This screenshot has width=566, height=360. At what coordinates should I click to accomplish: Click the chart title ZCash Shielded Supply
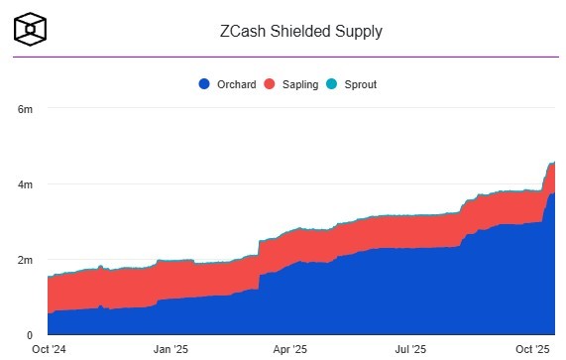click(x=299, y=31)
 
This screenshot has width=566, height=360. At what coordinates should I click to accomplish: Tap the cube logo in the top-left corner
click(x=31, y=30)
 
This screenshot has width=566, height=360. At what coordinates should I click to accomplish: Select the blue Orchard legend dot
click(x=204, y=84)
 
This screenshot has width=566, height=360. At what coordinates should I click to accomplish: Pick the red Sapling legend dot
click(x=269, y=84)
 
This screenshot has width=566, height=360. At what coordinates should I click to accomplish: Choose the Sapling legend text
click(x=299, y=84)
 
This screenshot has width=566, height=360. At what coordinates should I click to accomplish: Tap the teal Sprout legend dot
click(x=333, y=84)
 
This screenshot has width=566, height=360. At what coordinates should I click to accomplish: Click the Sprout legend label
click(x=360, y=84)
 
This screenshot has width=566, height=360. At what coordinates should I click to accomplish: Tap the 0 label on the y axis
click(x=30, y=335)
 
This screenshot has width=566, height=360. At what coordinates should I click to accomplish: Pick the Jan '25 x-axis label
click(x=171, y=349)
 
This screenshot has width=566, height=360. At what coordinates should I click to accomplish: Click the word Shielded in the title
click(x=299, y=31)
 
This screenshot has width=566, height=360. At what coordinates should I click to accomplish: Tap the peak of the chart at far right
click(x=553, y=162)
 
